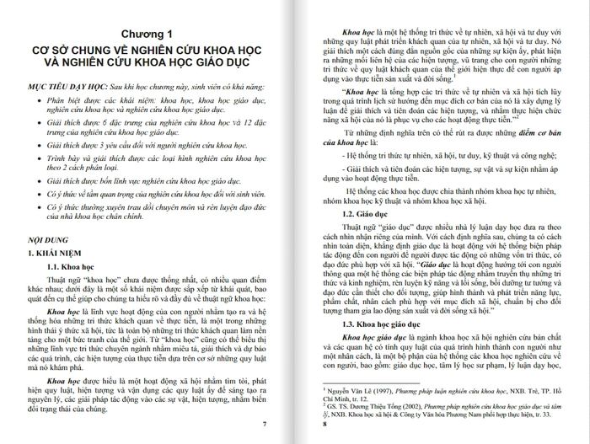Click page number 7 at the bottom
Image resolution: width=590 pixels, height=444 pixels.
264,423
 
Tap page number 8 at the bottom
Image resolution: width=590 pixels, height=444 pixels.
326,423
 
